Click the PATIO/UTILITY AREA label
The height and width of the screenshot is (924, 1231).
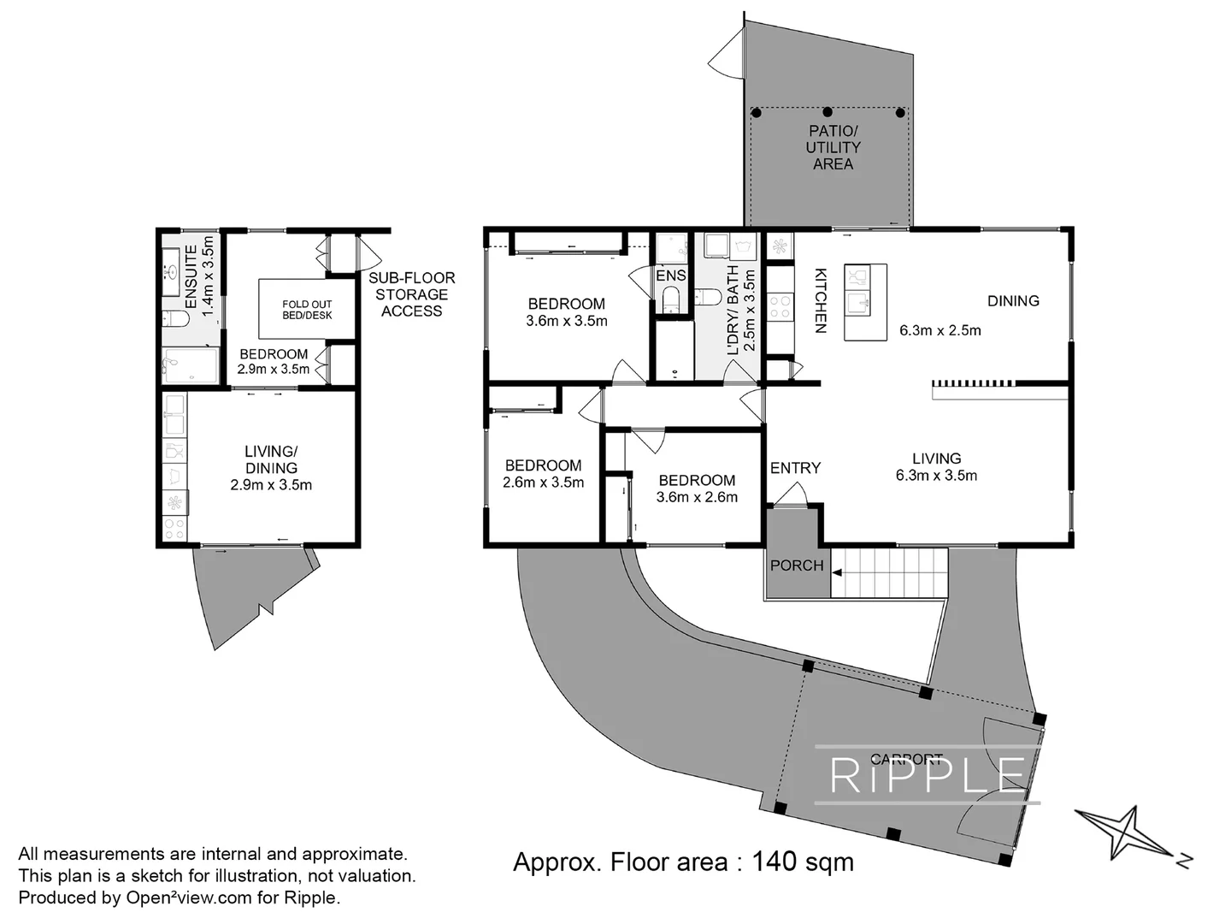(833, 147)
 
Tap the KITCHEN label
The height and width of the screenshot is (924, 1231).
(820, 300)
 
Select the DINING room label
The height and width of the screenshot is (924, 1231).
(1013, 300)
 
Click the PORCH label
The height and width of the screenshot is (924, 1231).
(797, 566)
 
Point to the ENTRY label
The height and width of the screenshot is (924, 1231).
(795, 468)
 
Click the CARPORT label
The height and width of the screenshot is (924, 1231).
(905, 759)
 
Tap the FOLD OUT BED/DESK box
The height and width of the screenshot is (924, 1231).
(307, 310)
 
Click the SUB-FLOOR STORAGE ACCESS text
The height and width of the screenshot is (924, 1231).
(411, 294)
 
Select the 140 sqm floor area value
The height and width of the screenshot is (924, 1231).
(802, 862)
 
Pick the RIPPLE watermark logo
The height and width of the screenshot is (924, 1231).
(928, 775)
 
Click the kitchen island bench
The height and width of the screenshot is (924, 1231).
(865, 302)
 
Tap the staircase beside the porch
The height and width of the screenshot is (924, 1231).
(890, 572)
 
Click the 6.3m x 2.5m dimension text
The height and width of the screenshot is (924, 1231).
(939, 330)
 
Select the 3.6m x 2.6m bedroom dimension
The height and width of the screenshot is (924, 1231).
(697, 497)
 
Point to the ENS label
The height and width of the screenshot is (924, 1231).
(671, 275)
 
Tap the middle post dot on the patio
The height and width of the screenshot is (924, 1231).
(828, 112)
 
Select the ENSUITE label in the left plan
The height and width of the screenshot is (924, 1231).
(191, 276)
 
